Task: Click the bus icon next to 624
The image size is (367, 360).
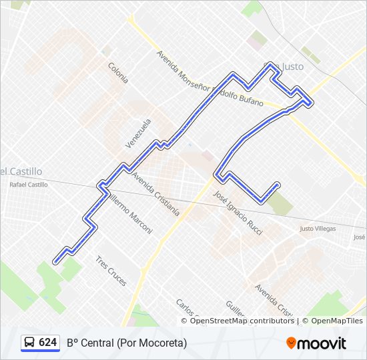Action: point(30,343)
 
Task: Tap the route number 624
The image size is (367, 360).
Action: point(47,343)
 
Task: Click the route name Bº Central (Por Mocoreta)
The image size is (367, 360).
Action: point(127,343)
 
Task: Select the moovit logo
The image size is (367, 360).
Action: point(316,343)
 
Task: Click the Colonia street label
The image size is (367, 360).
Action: point(118,72)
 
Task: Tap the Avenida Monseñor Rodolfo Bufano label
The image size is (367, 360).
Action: point(210,79)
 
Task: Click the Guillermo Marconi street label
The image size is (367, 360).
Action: point(129,213)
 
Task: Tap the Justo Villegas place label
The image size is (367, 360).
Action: point(318,229)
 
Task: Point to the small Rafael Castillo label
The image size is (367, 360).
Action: point(28,185)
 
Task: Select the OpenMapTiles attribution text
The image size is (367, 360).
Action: point(336,321)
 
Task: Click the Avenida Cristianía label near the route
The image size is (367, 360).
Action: point(156,195)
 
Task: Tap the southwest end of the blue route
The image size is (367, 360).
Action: point(55,261)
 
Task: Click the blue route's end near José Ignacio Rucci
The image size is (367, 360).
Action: point(277,185)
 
